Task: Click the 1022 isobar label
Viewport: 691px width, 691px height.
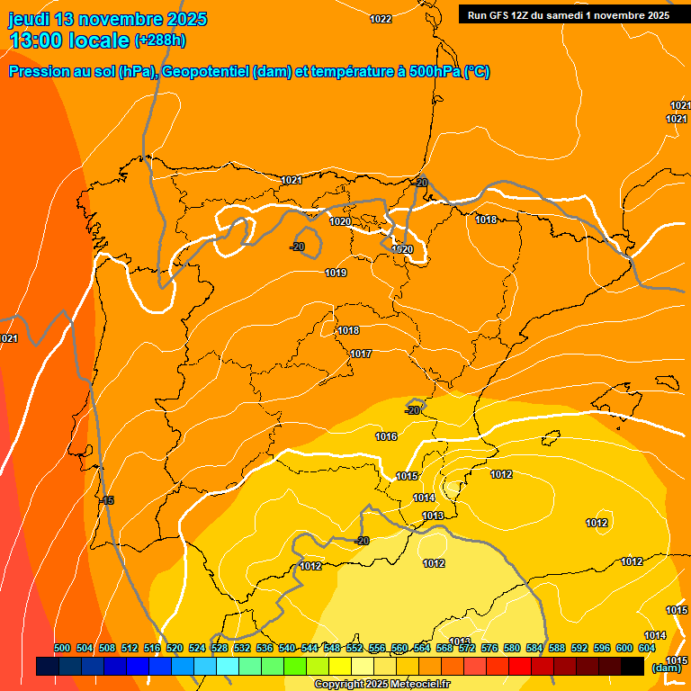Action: point(381,19)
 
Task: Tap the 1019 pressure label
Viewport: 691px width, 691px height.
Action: point(336,273)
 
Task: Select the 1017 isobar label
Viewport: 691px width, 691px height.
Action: point(361,354)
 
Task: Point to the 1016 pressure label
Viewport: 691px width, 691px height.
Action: point(386,436)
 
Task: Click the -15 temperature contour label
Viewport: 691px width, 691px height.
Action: point(107,500)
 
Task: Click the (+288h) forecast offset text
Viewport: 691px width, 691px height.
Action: point(160,40)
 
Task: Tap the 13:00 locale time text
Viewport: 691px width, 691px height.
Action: point(69,40)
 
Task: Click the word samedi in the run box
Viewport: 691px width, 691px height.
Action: point(564,15)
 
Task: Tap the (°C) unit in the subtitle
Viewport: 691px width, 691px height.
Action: point(477,72)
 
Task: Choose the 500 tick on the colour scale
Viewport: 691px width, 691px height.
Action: point(62,648)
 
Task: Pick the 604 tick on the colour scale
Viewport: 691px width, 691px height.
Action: point(647,648)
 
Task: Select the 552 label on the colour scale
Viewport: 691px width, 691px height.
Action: point(354,648)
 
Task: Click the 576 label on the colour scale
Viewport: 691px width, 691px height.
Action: point(489,648)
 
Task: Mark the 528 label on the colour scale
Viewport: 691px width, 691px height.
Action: point(220,648)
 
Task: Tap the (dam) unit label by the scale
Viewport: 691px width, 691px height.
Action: point(666,667)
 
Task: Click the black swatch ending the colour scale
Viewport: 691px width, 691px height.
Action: point(633,667)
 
